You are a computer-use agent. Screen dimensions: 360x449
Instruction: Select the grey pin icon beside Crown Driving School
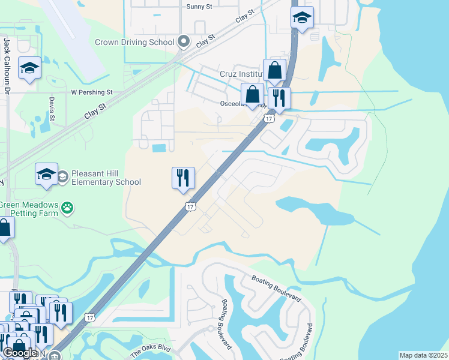(x=184, y=42)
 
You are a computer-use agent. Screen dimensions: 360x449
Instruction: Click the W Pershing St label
(x=92, y=92)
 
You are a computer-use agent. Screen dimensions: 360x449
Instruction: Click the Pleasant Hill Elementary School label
(x=106, y=178)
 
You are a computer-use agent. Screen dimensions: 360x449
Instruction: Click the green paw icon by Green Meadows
(x=68, y=208)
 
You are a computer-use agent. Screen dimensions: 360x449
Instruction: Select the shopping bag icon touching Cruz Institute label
(x=274, y=70)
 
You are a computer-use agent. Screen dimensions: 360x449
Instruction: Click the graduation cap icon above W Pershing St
(x=28, y=68)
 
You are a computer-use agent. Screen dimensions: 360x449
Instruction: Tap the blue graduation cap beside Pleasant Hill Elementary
(x=46, y=173)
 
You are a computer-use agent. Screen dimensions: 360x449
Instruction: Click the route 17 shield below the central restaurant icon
(x=190, y=206)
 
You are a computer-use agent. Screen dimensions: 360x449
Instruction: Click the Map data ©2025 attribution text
(x=423, y=355)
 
